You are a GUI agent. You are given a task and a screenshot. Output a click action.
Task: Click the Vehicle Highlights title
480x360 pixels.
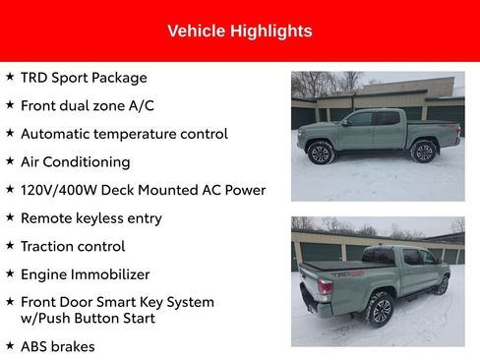(x=239, y=31)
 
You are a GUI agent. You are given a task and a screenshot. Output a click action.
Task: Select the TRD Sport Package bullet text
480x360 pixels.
(x=84, y=78)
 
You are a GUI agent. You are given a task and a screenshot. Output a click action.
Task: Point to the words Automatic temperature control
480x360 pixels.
(x=124, y=134)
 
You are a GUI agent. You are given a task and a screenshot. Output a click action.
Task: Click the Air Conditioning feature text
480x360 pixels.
(x=75, y=161)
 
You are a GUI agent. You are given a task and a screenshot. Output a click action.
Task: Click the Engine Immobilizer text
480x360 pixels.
(x=85, y=274)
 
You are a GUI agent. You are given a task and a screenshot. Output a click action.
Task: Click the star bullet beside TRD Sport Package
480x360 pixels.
(x=10, y=77)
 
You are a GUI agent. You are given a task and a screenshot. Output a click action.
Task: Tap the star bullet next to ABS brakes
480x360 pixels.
(x=10, y=345)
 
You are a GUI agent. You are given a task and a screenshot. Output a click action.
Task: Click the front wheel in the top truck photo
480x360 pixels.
(x=321, y=153)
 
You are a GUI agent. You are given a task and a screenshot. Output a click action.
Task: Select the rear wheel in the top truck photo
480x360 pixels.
(x=423, y=152)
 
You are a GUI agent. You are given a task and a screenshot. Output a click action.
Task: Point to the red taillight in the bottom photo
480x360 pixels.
(x=325, y=287)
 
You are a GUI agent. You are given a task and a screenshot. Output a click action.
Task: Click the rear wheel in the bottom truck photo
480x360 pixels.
(x=380, y=309)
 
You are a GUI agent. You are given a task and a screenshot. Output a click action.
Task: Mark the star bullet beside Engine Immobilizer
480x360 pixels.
(x=10, y=273)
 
